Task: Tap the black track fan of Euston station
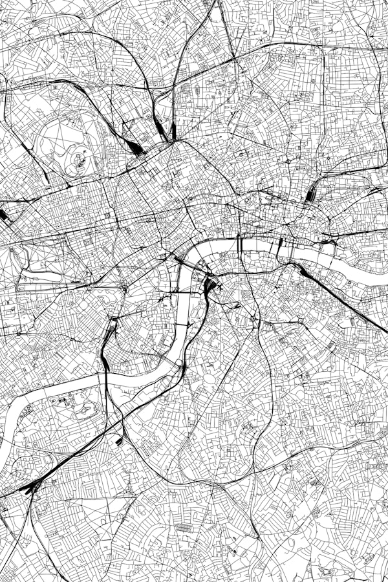(136, 148)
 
